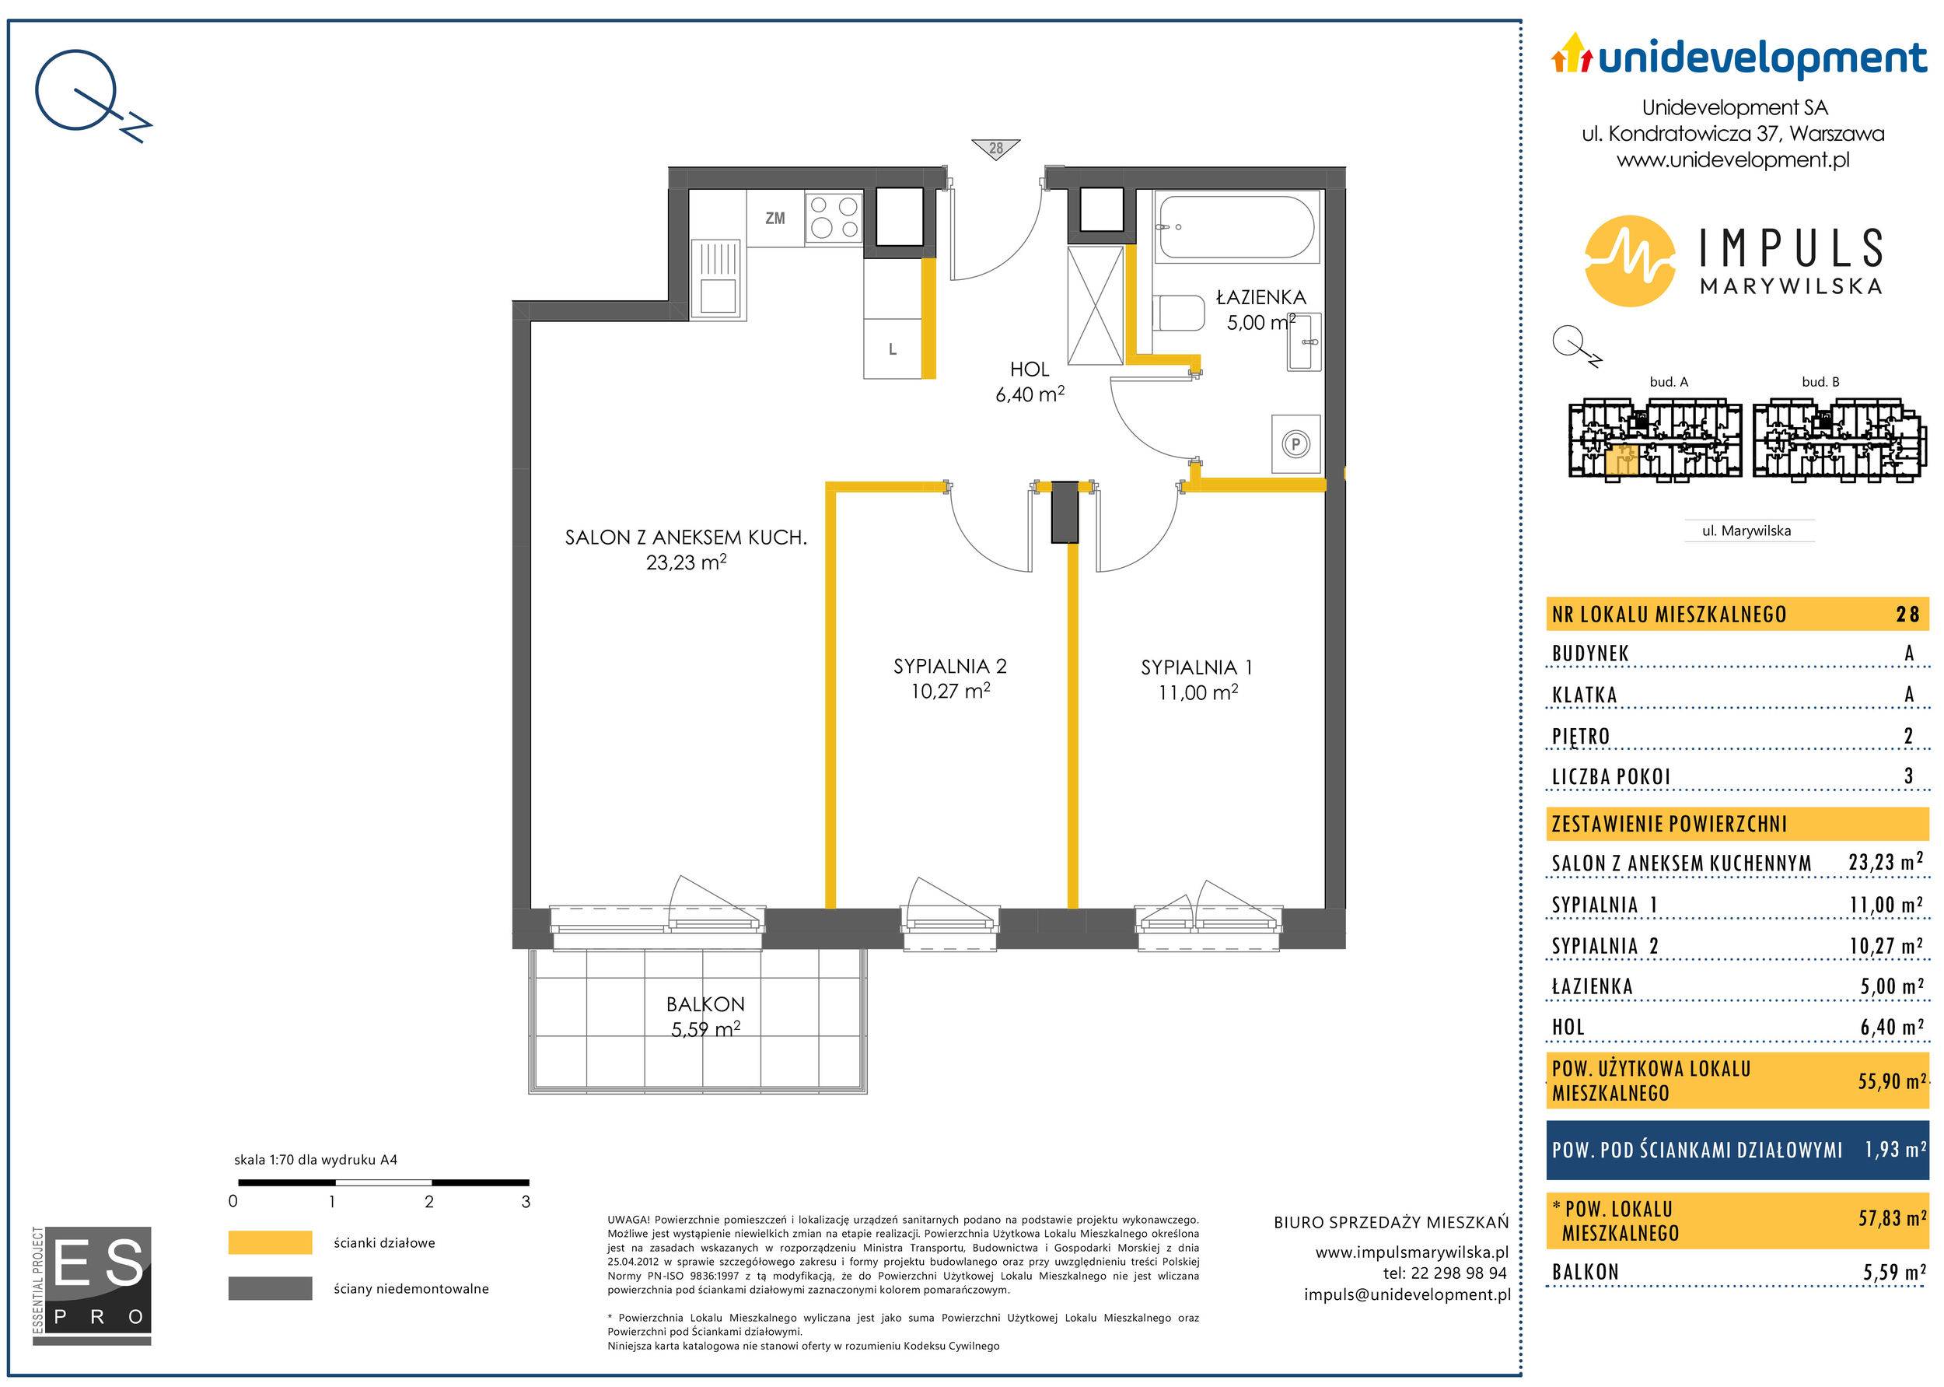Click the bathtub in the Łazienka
click(x=1237, y=227)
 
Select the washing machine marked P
click(x=1296, y=444)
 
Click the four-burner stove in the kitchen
click(x=834, y=217)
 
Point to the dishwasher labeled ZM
click(x=775, y=219)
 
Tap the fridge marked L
click(x=893, y=349)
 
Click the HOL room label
click(x=1030, y=369)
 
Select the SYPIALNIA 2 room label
click(x=950, y=666)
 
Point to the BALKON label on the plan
click(x=705, y=1004)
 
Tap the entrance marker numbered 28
click(x=995, y=149)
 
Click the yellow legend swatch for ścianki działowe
click(x=270, y=1242)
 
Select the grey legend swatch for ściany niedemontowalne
click(x=270, y=1289)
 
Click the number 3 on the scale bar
click(x=526, y=1202)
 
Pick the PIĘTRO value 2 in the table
click(x=1909, y=736)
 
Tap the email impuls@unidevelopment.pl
click(x=1407, y=1294)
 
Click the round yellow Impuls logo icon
click(x=1629, y=260)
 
